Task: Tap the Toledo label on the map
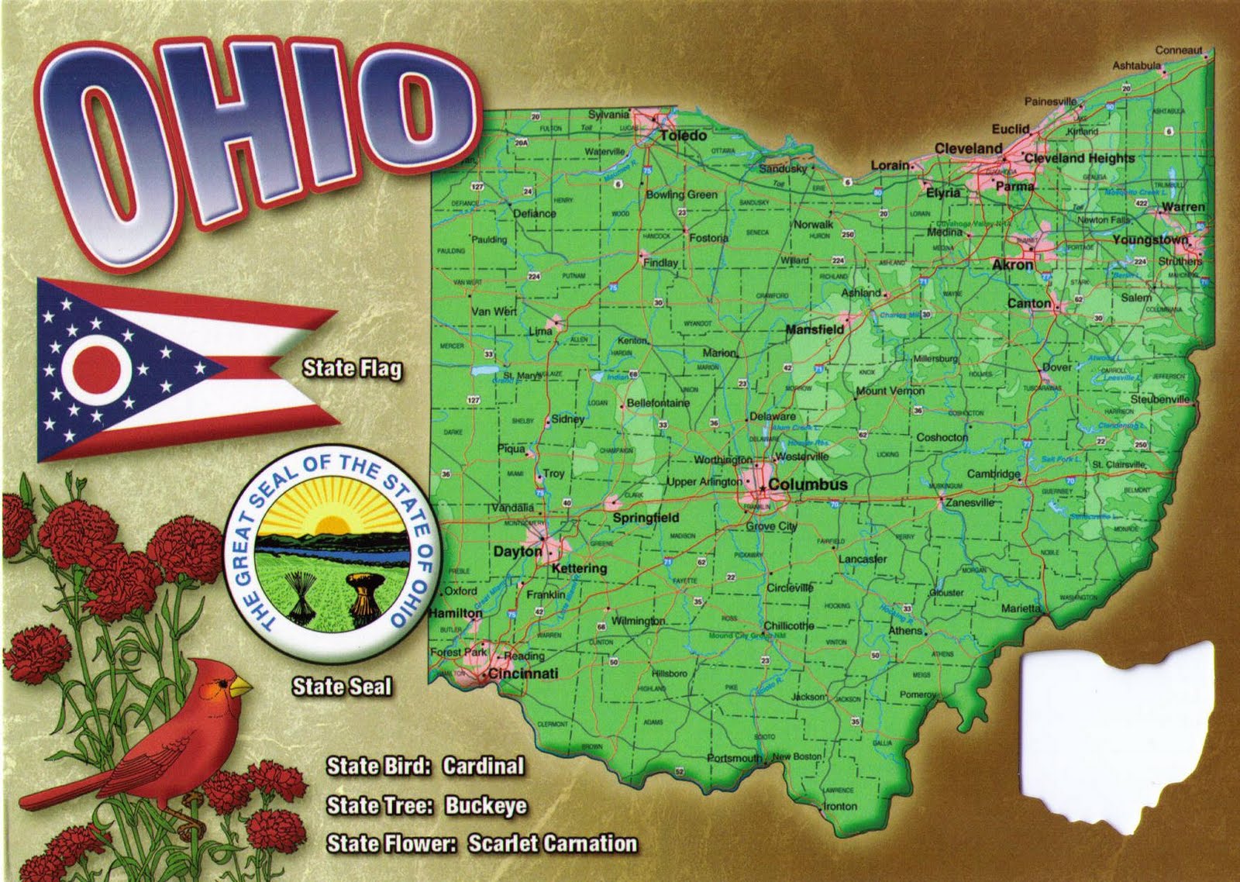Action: pyautogui.click(x=683, y=136)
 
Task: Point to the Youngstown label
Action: pyautogui.click(x=1150, y=239)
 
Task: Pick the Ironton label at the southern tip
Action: pyautogui.click(x=839, y=806)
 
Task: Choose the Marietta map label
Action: pyautogui.click(x=1020, y=608)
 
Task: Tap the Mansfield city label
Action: pyautogui.click(x=815, y=329)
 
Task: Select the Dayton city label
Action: pyautogui.click(x=518, y=552)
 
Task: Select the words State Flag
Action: pyautogui.click(x=353, y=368)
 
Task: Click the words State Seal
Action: pyautogui.click(x=341, y=687)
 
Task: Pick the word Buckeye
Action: pyautogui.click(x=486, y=806)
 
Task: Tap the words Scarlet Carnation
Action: pyautogui.click(x=553, y=843)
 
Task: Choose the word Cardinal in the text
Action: pyautogui.click(x=484, y=767)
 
